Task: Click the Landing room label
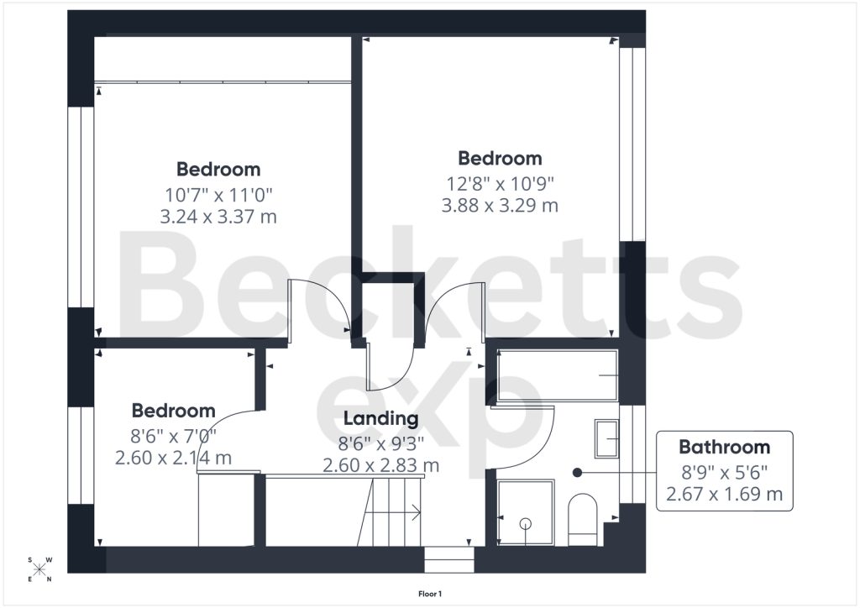(380, 418)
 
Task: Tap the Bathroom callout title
(725, 447)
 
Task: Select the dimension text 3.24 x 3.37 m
(218, 217)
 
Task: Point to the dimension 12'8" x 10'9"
(501, 183)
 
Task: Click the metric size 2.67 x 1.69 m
(725, 494)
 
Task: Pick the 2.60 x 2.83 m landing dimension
(380, 465)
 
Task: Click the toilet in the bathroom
(582, 520)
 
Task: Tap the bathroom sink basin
(606, 438)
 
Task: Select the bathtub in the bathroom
(558, 375)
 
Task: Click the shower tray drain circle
(526, 523)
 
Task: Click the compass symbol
(39, 569)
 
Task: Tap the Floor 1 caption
(430, 594)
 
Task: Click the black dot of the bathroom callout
(577, 472)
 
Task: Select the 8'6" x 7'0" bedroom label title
(173, 411)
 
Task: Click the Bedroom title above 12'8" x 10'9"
(501, 159)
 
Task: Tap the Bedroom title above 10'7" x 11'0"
(218, 170)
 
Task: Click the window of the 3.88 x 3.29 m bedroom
(632, 144)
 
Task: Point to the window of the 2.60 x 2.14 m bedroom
(81, 455)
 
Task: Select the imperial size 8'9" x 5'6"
(725, 471)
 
